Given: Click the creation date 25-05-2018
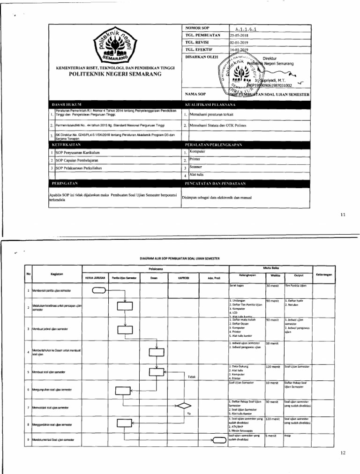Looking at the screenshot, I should tap(240, 35).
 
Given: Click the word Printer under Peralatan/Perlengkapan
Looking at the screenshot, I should tap(195, 160).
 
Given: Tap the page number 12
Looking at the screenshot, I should tap(343, 453).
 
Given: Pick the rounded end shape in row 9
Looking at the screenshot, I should tap(219, 439).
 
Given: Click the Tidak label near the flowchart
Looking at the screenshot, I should tap(191, 377).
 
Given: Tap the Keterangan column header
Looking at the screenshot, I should tap(324, 274).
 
